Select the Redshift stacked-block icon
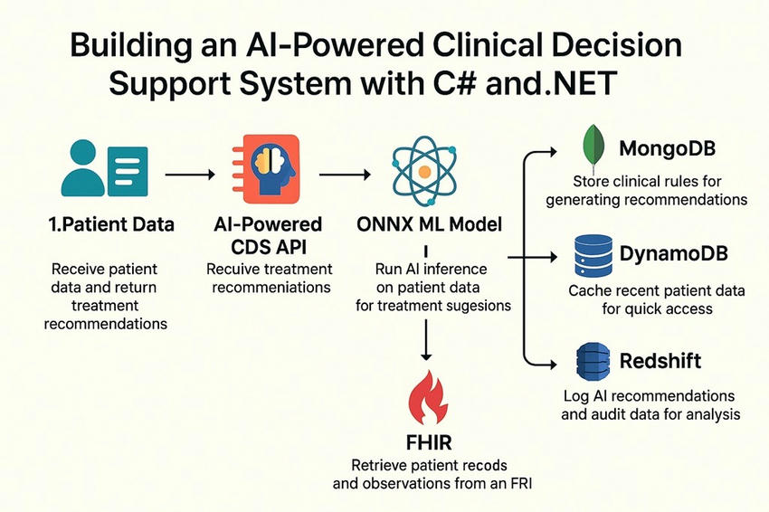click(593, 362)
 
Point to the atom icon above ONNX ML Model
click(422, 169)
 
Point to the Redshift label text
click(660, 362)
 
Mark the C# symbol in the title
click(484, 84)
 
